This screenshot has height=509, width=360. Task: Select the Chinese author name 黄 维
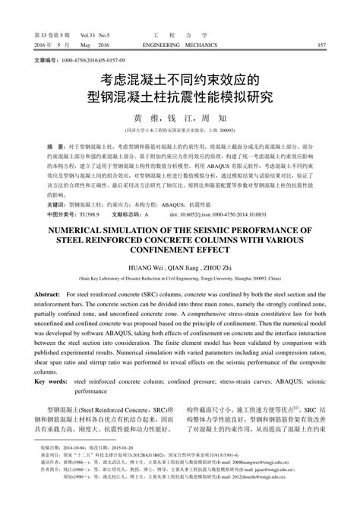pos(144,118)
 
